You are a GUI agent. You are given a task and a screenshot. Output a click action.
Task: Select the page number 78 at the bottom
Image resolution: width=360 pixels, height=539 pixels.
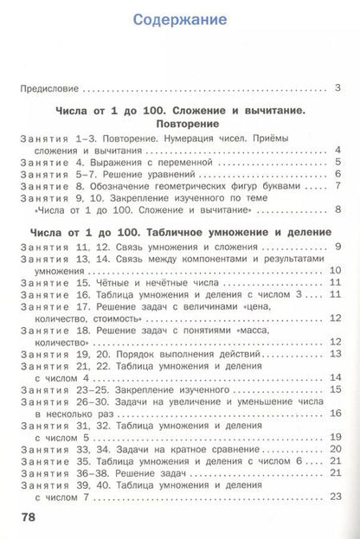click(29, 517)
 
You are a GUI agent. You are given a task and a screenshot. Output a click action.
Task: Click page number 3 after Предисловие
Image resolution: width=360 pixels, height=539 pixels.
click(337, 87)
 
